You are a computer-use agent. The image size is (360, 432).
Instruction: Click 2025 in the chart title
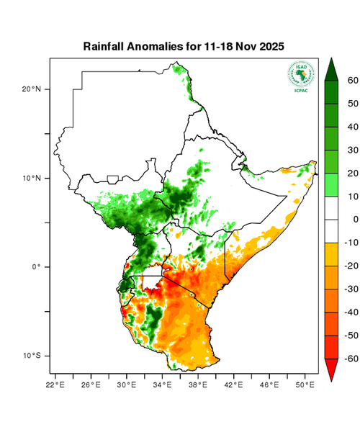(271, 46)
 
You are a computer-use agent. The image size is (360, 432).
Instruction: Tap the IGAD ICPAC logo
(301, 76)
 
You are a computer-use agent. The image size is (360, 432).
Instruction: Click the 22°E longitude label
(56, 385)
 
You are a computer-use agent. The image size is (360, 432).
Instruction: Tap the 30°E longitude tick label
(127, 385)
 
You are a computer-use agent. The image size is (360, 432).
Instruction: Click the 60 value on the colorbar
(353, 81)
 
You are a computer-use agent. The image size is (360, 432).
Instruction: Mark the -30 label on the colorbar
(351, 289)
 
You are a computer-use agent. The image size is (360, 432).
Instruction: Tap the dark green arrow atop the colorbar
(332, 69)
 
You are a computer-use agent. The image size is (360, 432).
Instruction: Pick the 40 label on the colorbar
(353, 127)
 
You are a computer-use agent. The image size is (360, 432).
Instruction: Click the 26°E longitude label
(91, 385)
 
